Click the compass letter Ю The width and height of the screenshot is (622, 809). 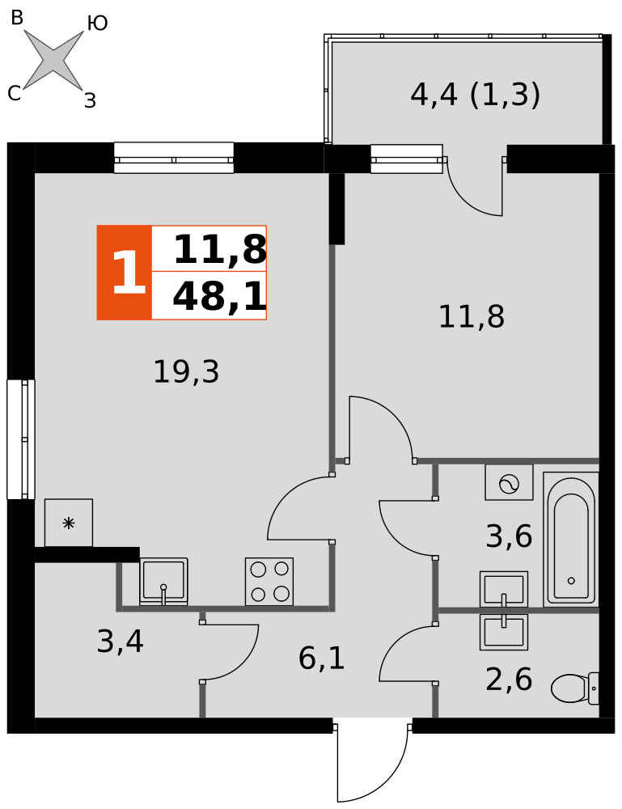[x=97, y=23]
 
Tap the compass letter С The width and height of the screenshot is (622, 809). [x=15, y=93]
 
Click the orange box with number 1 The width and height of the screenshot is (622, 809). [x=125, y=273]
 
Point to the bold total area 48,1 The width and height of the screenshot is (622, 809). [x=219, y=297]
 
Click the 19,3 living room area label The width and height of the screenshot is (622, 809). [x=186, y=371]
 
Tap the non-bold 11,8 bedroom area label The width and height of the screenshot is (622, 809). [x=472, y=316]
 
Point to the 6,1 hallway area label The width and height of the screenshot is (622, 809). [x=321, y=659]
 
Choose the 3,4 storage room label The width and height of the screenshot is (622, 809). [x=121, y=642]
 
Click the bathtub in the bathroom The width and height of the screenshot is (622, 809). [x=571, y=539]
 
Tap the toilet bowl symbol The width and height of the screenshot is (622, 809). [x=574, y=688]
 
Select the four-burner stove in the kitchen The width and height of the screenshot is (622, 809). [x=269, y=581]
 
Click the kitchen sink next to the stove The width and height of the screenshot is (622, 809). [x=163, y=581]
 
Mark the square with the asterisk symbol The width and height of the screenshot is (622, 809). [x=69, y=523]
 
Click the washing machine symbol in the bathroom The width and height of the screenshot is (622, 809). [x=509, y=482]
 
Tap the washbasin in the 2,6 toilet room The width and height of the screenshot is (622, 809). [x=504, y=632]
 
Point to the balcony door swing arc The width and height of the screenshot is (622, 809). [x=467, y=199]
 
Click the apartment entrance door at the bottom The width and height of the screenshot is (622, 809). [x=372, y=763]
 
